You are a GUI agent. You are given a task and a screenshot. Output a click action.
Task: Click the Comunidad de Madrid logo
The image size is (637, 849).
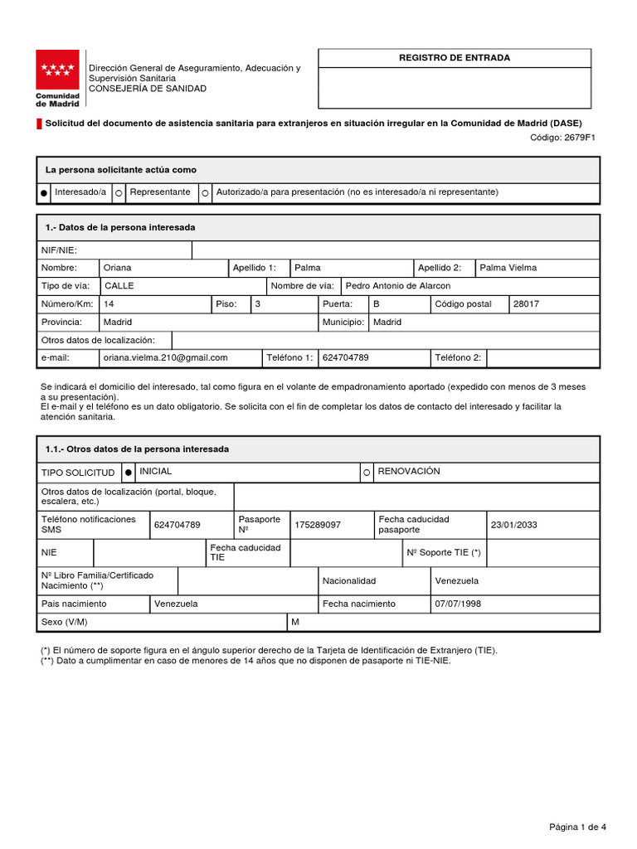pos(57,78)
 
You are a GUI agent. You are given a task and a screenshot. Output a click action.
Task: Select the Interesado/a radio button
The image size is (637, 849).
pos(44,193)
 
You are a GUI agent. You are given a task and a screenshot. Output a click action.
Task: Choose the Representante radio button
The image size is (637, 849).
pos(119,193)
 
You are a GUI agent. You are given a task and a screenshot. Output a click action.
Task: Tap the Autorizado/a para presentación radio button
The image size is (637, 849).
pos(205,193)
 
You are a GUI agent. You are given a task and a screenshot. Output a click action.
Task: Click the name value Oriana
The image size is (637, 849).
pos(117,268)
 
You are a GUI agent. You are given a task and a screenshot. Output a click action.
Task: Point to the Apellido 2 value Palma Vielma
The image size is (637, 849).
pos(508,268)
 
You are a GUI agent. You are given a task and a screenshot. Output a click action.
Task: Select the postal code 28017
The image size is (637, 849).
pos(526,304)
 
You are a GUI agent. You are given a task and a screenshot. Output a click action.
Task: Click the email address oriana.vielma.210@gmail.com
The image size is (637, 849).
pos(164,358)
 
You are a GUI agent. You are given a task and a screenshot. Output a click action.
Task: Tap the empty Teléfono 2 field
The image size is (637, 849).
pos(542,358)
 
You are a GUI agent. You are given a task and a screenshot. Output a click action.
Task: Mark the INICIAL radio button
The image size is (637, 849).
pos(129,473)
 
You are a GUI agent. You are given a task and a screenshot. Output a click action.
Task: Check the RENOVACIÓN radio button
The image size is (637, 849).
pos(367,473)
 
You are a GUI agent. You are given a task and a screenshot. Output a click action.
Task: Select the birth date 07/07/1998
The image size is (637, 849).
pos(458,604)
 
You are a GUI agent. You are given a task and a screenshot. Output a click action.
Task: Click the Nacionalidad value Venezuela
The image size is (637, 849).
pos(456,581)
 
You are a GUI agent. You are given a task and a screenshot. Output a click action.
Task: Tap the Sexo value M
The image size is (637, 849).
pos(295,623)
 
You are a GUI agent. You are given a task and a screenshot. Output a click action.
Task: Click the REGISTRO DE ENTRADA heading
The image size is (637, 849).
pos(455,58)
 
